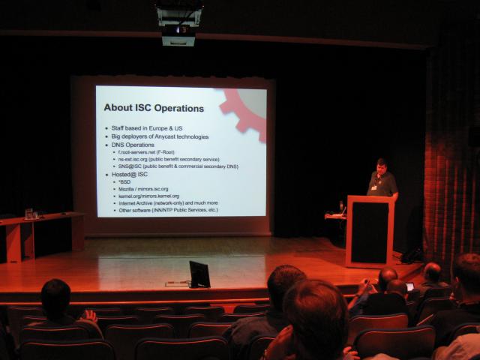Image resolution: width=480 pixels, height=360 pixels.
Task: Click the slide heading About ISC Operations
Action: coord(153,108)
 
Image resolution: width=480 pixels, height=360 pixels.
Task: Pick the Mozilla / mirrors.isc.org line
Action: coord(143,189)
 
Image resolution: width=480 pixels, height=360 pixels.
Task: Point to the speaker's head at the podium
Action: coord(381,164)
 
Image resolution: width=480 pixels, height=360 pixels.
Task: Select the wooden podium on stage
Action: coord(370,230)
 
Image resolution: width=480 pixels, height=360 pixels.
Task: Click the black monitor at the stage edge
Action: coord(199,274)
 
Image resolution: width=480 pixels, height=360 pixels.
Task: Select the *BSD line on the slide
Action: coord(124,181)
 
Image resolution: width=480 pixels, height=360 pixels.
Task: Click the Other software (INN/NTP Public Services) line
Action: coord(168,210)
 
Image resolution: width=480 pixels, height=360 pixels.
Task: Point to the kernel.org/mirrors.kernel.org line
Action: coord(153,196)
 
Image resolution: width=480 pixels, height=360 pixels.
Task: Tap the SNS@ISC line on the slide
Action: coord(177,166)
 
